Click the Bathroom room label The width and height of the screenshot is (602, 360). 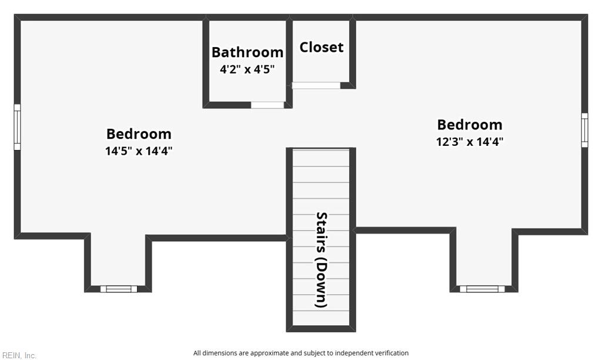click(248, 52)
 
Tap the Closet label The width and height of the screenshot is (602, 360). click(322, 47)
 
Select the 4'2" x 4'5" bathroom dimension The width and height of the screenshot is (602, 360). click(248, 69)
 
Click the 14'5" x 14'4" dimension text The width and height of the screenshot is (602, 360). click(139, 151)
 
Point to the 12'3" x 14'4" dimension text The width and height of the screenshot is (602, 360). click(470, 142)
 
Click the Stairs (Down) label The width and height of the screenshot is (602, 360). click(322, 260)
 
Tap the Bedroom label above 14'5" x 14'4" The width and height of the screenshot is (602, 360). click(139, 134)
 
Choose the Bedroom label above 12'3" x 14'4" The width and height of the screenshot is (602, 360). click(470, 125)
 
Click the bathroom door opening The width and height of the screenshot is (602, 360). click(267, 105)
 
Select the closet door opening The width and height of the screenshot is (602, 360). click(316, 85)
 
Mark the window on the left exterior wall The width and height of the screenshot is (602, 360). click(17, 127)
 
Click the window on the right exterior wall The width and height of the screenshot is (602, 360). click(584, 130)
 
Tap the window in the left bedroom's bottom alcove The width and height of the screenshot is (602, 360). click(119, 289)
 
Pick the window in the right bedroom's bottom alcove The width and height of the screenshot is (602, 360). click(482, 289)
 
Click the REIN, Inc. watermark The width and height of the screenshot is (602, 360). click(19, 356)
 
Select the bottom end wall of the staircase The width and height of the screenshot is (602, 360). click(321, 329)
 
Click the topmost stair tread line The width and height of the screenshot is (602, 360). click(321, 150)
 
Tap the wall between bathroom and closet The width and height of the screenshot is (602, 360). click(289, 62)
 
